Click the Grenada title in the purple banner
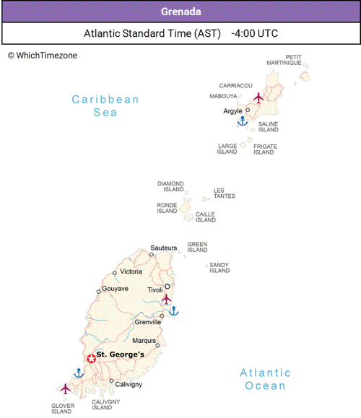[180, 12]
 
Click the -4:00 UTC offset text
[255, 33]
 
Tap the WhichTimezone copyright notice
[42, 56]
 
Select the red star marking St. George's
[91, 358]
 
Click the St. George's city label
[121, 354]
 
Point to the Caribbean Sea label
[105, 106]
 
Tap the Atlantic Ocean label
[266, 379]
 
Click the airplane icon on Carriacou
[259, 97]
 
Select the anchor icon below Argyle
[243, 121]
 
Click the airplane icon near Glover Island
[66, 388]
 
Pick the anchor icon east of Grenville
[173, 310]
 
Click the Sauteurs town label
[164, 248]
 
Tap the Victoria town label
[131, 271]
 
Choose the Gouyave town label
[115, 289]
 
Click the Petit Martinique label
[293, 60]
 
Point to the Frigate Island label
[265, 149]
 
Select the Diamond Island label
[170, 187]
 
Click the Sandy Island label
[219, 268]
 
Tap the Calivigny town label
[129, 384]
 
